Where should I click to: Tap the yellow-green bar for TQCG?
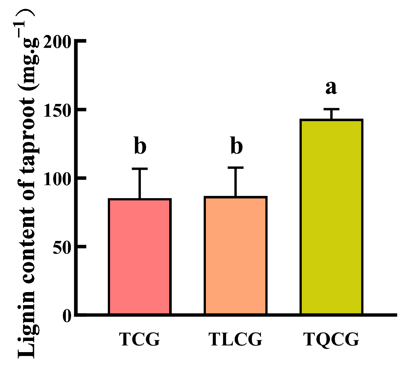click(331, 217)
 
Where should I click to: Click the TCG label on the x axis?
click(139, 339)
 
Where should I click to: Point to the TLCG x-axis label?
click(235, 339)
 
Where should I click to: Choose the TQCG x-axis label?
click(331, 339)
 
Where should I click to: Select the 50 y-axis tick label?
click(62, 247)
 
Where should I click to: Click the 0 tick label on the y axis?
click(67, 316)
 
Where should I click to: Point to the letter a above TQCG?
click(331, 88)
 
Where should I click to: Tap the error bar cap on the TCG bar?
click(139, 169)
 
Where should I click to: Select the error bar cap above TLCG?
click(236, 168)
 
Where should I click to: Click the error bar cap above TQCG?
click(331, 109)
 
